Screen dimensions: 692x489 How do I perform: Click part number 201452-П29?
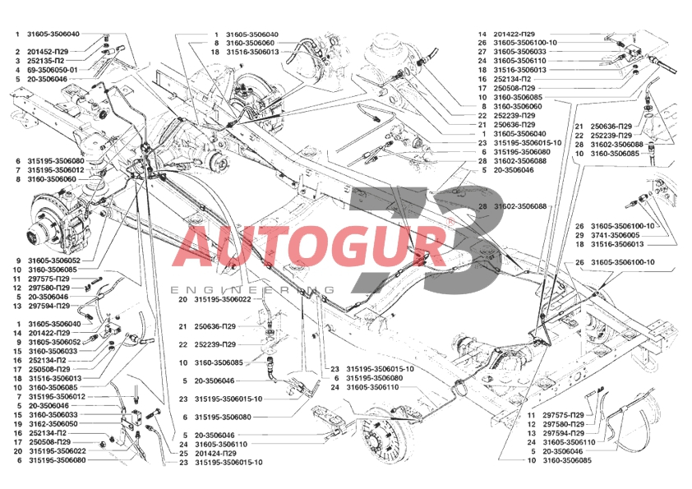(48, 52)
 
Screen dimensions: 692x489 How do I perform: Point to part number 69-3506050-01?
(53, 70)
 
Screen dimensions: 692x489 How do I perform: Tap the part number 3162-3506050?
(53, 424)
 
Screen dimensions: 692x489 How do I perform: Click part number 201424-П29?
(216, 454)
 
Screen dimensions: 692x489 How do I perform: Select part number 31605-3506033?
(519, 52)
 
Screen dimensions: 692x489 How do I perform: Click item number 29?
(579, 235)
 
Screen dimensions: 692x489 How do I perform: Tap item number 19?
(17, 424)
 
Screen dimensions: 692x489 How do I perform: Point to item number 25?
(183, 454)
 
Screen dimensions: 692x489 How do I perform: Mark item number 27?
(482, 52)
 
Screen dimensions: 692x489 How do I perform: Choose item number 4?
(17, 70)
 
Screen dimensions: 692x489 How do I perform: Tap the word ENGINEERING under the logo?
(252, 290)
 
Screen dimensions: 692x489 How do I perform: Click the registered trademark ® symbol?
(450, 221)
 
